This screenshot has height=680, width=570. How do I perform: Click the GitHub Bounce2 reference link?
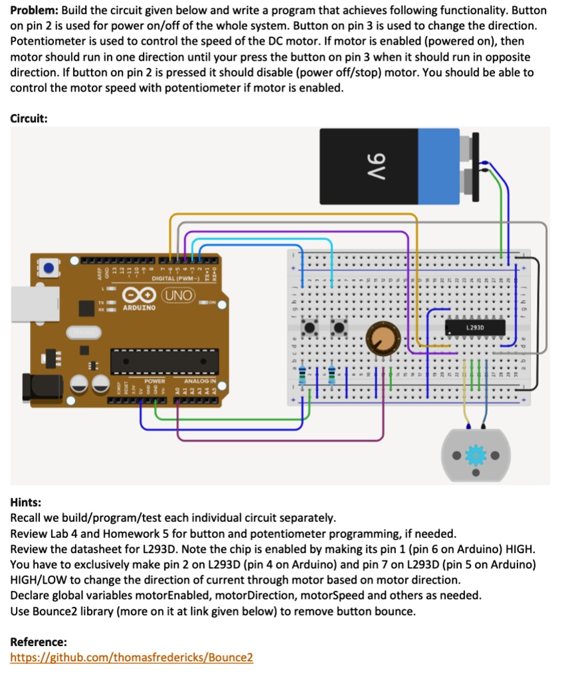pyautogui.click(x=132, y=657)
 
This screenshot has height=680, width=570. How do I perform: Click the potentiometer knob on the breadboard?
pyautogui.click(x=381, y=336)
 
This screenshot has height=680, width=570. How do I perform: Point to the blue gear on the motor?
pyautogui.click(x=475, y=455)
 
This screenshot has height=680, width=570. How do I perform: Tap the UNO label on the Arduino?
pyautogui.click(x=179, y=294)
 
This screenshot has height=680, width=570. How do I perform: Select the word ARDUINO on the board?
pyautogui.click(x=140, y=307)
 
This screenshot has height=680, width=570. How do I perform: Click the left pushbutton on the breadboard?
pyautogui.click(x=310, y=327)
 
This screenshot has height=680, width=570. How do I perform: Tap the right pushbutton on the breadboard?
pyautogui.click(x=340, y=327)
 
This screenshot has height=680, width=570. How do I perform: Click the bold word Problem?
pyautogui.click(x=35, y=11)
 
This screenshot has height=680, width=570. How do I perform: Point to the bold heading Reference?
pyautogui.click(x=39, y=642)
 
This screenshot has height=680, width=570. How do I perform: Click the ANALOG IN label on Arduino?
pyautogui.click(x=199, y=381)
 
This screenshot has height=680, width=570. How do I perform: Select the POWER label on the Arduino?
pyautogui.click(x=154, y=381)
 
